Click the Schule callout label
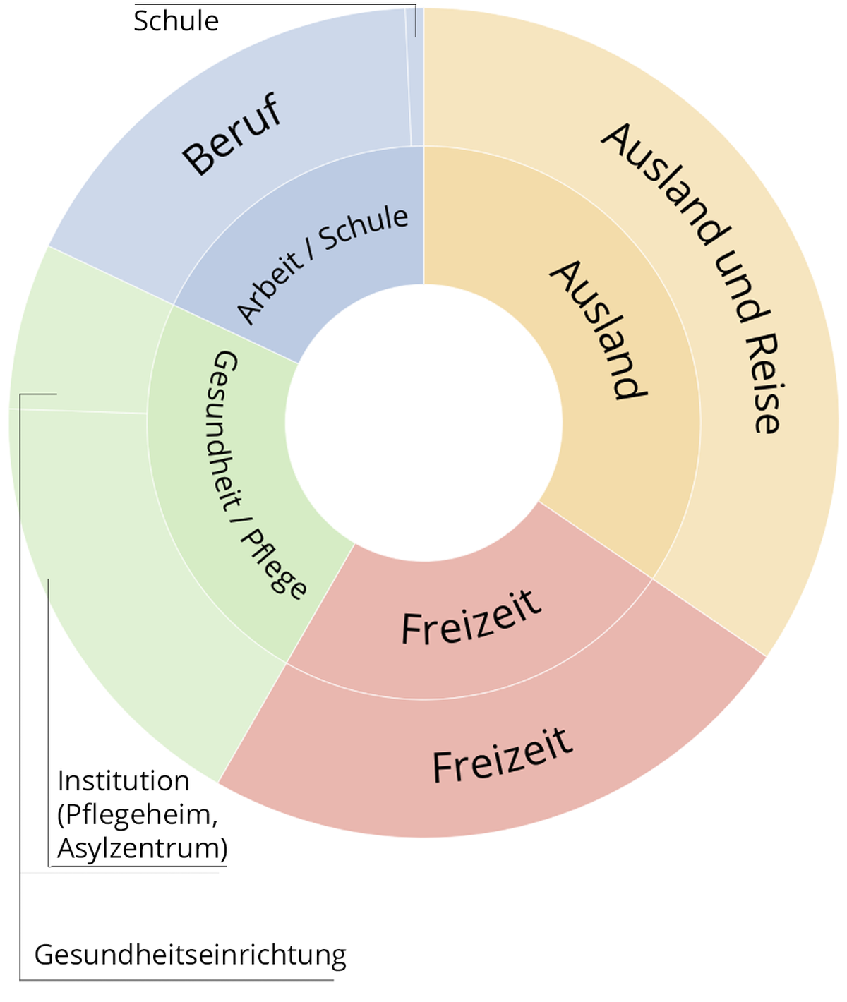[x=176, y=22]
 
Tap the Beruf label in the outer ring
[x=232, y=134]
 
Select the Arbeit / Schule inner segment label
[x=322, y=265]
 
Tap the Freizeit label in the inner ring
[x=471, y=617]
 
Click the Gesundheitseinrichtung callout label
[x=190, y=955]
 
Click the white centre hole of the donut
[x=423, y=423]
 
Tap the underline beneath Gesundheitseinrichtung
[x=176, y=979]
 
